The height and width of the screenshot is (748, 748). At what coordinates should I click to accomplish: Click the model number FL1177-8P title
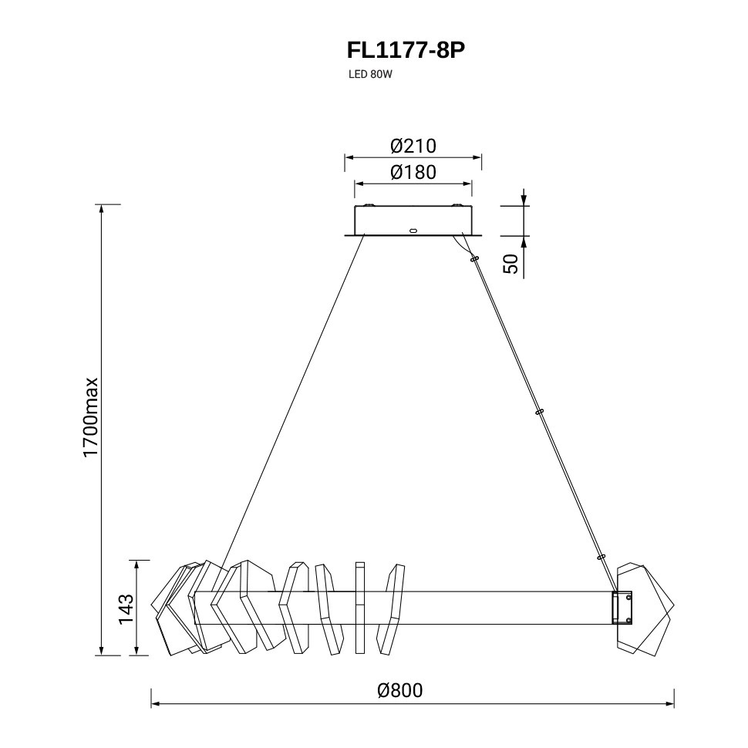click(x=406, y=51)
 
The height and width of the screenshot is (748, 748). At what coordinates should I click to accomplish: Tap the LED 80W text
click(x=370, y=75)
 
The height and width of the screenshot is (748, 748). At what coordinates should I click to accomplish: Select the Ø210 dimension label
click(x=413, y=146)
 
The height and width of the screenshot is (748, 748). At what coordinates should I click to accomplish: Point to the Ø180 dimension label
click(x=413, y=172)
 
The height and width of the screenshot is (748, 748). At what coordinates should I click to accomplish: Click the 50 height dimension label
click(x=510, y=264)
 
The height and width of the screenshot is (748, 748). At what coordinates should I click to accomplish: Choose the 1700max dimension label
click(x=90, y=417)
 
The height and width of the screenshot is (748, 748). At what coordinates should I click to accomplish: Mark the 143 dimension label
click(x=126, y=609)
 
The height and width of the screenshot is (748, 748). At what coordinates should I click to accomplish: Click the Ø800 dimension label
click(x=399, y=690)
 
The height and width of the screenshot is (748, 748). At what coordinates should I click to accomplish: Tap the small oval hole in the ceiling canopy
click(x=413, y=231)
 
